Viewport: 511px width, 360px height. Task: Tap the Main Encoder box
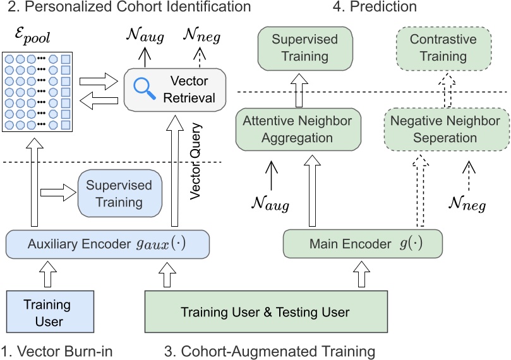tap(361, 243)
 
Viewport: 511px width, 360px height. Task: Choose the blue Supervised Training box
tap(119, 194)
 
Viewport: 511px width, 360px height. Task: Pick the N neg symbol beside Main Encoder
tap(467, 203)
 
